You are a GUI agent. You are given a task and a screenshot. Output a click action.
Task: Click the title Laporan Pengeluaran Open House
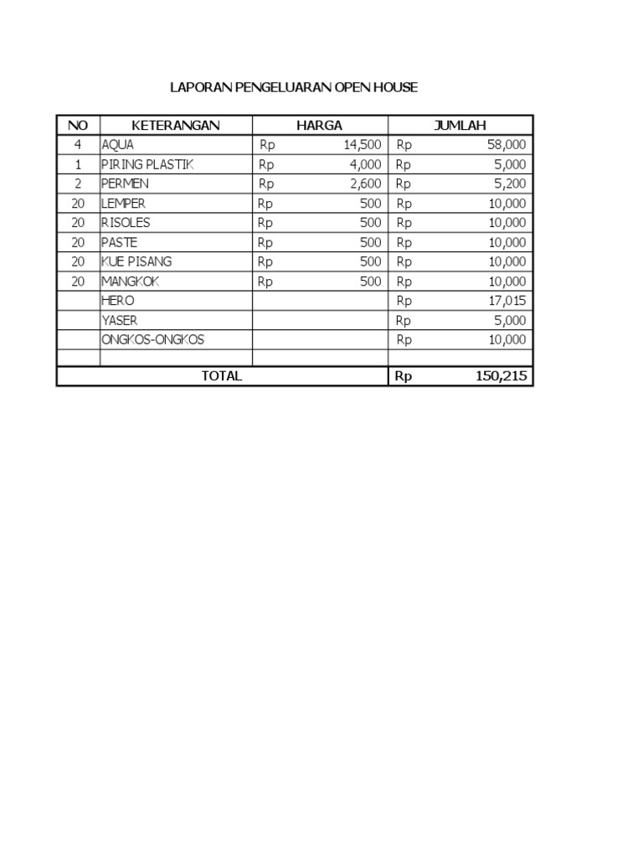[293, 87]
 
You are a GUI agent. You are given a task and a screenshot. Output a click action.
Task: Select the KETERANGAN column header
[176, 126]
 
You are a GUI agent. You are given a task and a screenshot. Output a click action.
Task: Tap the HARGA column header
[319, 126]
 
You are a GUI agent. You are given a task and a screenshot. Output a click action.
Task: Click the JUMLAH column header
[460, 126]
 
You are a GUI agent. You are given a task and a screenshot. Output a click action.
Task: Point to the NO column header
[78, 126]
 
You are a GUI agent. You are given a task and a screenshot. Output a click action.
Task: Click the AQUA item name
[117, 145]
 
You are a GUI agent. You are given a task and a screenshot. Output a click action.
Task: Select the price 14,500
[363, 145]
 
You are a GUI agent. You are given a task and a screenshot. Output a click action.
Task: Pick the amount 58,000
[507, 145]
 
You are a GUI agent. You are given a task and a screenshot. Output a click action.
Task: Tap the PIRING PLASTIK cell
[147, 164]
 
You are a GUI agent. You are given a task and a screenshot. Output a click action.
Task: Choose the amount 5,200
[510, 183]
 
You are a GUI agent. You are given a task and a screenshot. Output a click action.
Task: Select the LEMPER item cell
[123, 204]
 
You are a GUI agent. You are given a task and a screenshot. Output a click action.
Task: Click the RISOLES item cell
[126, 223]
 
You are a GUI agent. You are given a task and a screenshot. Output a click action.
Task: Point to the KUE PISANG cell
[136, 261]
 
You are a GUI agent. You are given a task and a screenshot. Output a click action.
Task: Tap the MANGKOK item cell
[130, 282]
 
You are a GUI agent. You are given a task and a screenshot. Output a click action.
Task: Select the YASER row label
[120, 320]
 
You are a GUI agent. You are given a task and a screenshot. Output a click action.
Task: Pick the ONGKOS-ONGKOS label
[152, 339]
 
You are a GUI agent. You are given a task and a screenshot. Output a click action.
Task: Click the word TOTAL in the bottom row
[222, 376]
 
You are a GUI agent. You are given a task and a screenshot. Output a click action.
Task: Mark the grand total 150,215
[502, 376]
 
